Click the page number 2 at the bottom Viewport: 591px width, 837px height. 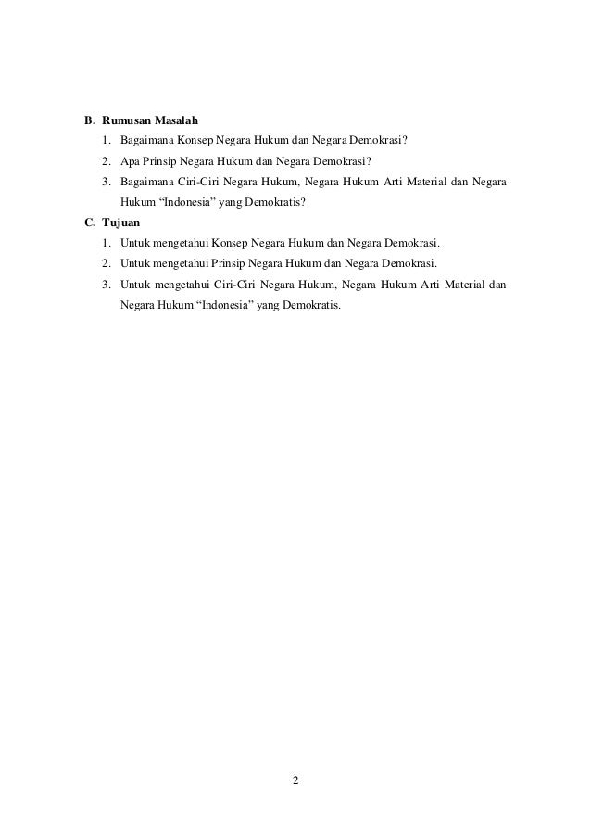[x=295, y=779]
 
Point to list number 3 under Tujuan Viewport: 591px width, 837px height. [x=106, y=284]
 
